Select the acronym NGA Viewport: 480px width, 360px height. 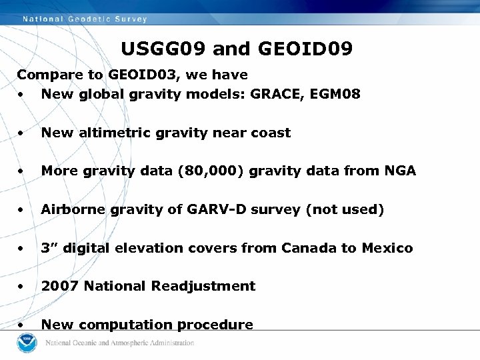400,171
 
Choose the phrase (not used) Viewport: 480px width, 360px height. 345,209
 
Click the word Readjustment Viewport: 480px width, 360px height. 203,286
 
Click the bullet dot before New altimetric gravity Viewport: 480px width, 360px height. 22,133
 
